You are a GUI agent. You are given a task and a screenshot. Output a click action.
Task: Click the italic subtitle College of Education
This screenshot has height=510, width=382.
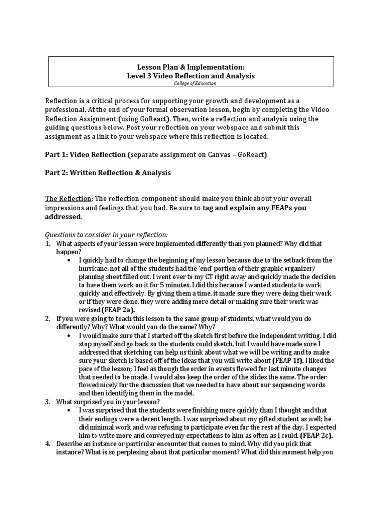click(191, 83)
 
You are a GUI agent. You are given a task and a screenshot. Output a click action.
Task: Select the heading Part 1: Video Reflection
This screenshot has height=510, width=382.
click(86, 155)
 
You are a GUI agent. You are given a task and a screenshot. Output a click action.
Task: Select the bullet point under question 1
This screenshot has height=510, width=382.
click(68, 260)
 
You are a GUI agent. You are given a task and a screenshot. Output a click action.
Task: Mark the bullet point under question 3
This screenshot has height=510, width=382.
click(68, 410)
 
